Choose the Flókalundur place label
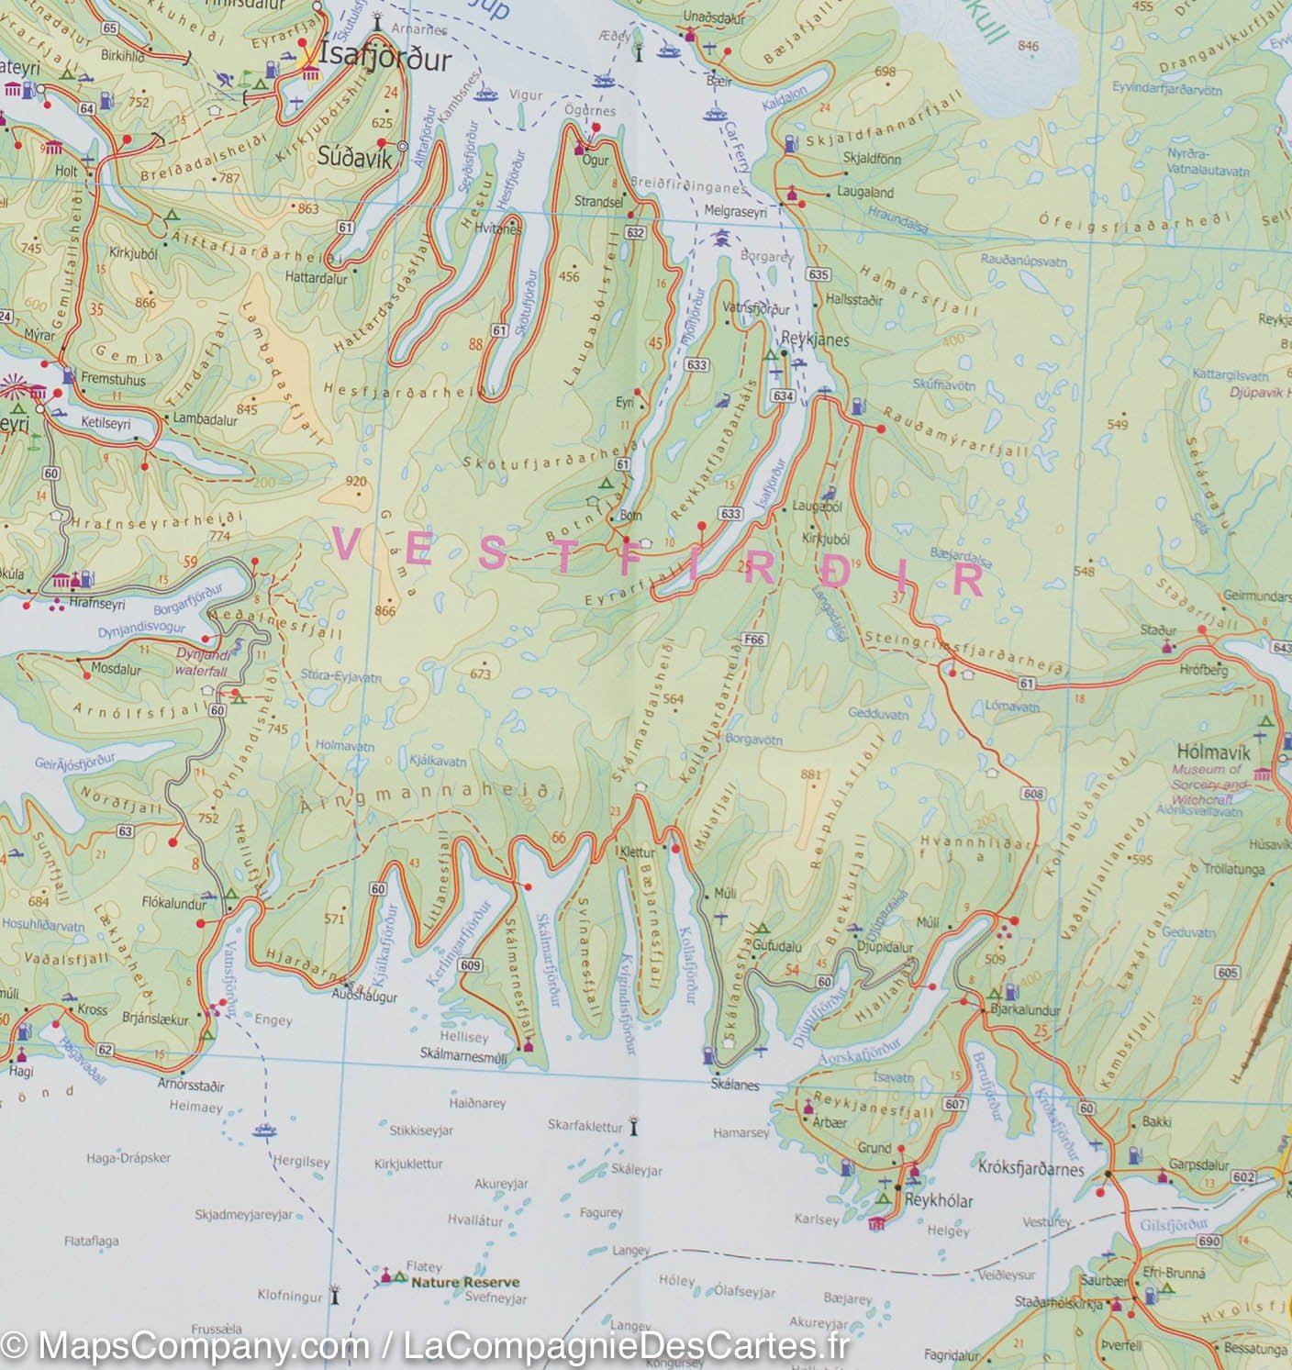[x=174, y=904]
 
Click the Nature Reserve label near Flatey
[x=465, y=1283]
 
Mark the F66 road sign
[x=755, y=639]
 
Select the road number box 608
[x=1032, y=794]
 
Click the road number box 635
[x=819, y=274]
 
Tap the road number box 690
[x=1209, y=1241]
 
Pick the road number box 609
[x=471, y=964]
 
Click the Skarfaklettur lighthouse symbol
[x=633, y=1125]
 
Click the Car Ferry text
[x=739, y=150]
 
